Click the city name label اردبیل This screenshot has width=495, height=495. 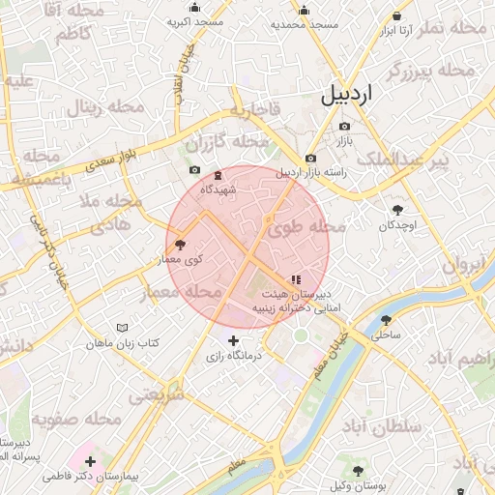pos(350,96)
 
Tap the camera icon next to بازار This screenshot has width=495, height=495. pos(344,127)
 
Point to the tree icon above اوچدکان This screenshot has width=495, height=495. pos(397,209)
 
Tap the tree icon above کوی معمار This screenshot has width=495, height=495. pos(180,246)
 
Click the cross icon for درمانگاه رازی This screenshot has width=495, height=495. pos(233,340)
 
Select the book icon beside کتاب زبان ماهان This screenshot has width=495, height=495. pos(121,329)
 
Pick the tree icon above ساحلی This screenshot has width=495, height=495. pos(387,320)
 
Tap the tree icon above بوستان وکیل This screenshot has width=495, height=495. pos(358,471)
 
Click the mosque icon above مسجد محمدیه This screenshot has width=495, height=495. pos(304,12)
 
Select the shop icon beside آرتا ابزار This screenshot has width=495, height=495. pos(398,16)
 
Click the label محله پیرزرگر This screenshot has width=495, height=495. pos(431,71)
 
